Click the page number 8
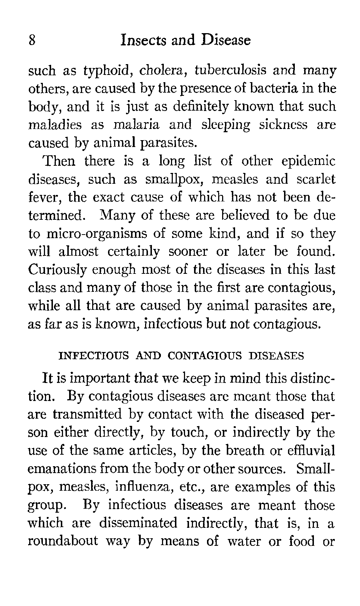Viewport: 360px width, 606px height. (x=32, y=40)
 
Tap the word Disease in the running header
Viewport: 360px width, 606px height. (x=226, y=40)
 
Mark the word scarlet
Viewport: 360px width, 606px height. (x=316, y=179)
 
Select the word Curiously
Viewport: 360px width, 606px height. (x=58, y=270)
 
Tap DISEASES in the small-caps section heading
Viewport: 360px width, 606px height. (x=276, y=356)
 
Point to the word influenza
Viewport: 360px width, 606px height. (x=138, y=487)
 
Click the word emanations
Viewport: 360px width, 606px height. (x=63, y=469)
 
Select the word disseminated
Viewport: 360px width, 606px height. (x=138, y=523)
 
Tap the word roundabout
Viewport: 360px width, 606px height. (x=63, y=542)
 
